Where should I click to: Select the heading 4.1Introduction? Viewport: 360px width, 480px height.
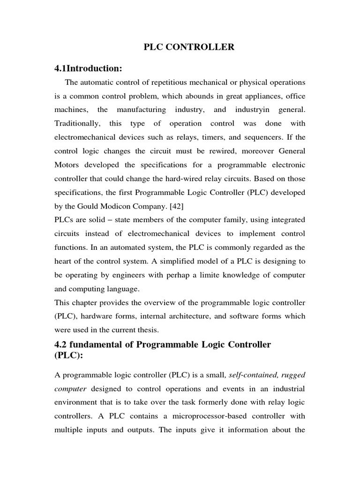tap(88, 68)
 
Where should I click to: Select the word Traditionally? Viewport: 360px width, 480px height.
tap(76, 123)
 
